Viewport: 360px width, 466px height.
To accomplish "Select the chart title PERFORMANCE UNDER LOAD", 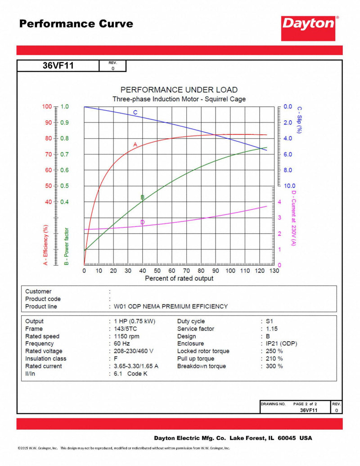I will click(x=179, y=90).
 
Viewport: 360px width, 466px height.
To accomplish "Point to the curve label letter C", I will click(x=135, y=112).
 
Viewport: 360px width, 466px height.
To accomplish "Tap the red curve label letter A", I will click(x=135, y=144).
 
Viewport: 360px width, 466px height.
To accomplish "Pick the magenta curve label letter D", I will click(x=143, y=222).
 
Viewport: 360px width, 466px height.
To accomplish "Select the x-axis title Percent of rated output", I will click(x=179, y=279).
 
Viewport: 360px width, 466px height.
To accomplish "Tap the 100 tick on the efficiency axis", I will click(x=47, y=107).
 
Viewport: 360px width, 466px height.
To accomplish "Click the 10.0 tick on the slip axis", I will click(x=289, y=185).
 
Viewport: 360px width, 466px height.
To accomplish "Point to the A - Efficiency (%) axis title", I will click(x=45, y=240).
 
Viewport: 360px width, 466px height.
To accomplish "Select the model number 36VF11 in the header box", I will click(x=58, y=66).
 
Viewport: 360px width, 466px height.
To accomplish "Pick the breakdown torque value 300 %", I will click(x=274, y=366).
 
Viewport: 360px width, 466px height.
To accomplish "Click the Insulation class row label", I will click(x=45, y=358).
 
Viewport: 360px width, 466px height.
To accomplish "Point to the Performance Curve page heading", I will click(x=76, y=23).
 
